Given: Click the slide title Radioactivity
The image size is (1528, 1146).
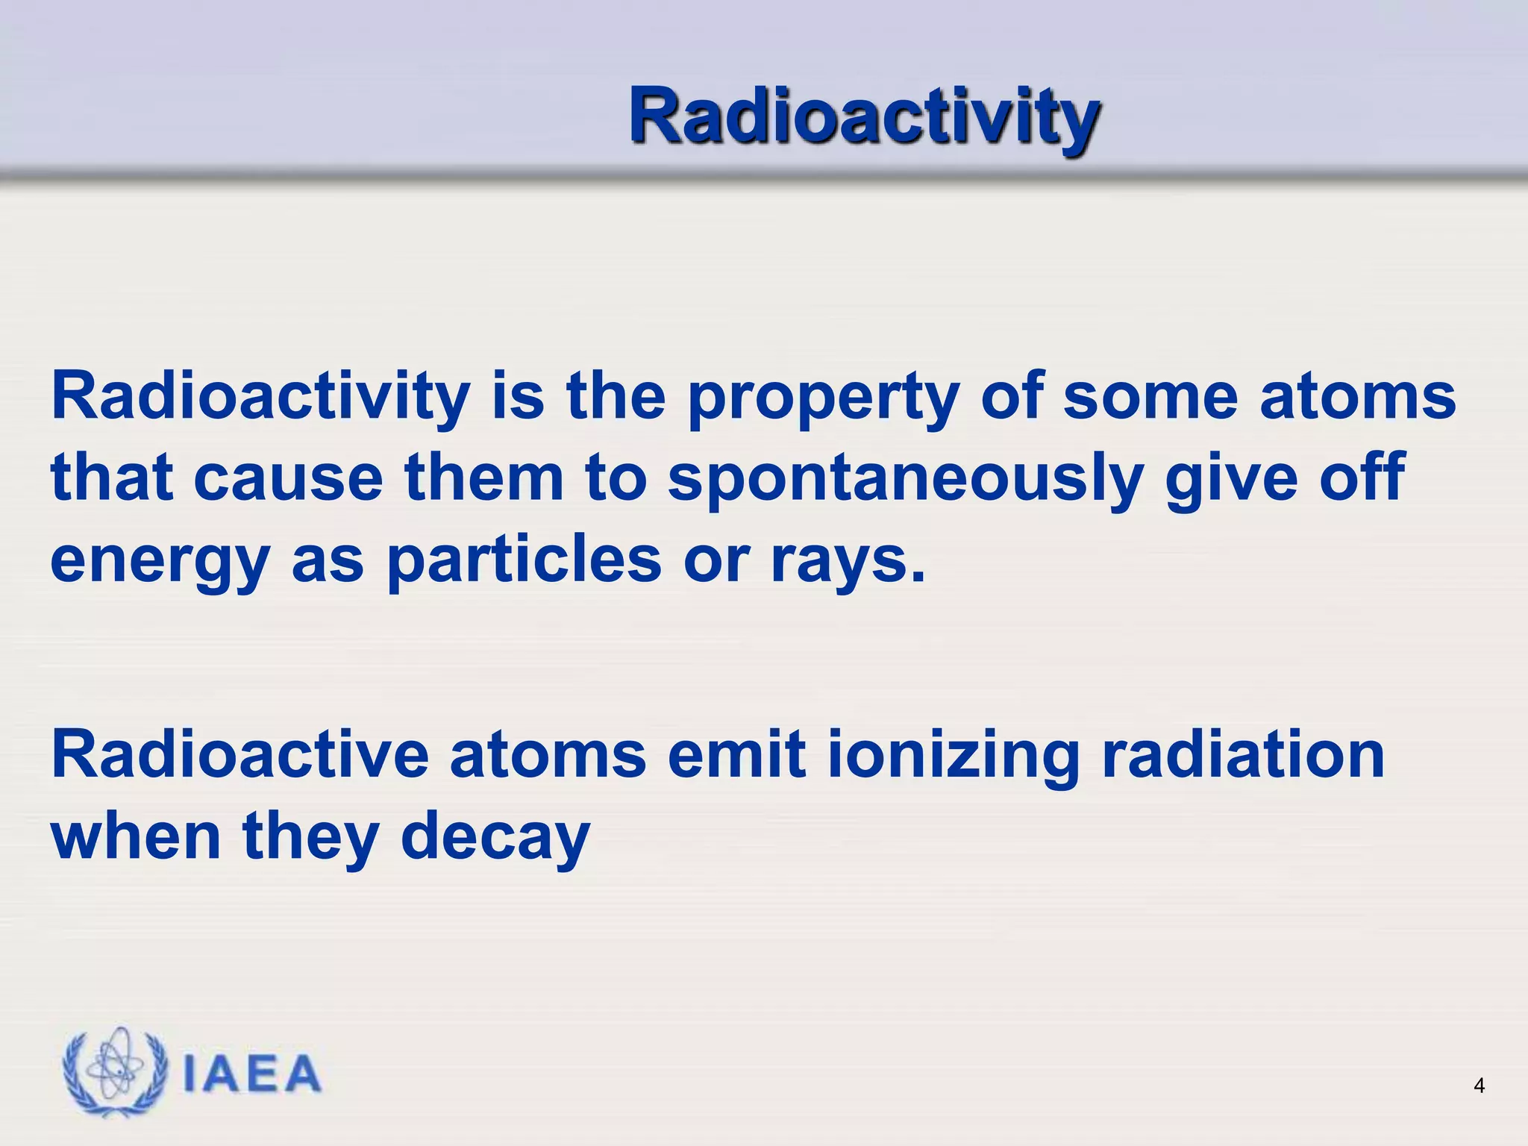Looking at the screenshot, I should [x=863, y=117].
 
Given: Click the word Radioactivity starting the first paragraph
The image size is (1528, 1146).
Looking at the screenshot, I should [x=260, y=398].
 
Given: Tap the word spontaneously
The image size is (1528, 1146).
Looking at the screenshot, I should [x=905, y=480].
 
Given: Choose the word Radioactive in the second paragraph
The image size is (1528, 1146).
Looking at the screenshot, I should [x=239, y=756].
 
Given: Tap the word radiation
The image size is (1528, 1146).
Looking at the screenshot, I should [x=1243, y=756].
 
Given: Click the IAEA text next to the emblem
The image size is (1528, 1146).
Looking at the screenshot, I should [x=251, y=1074].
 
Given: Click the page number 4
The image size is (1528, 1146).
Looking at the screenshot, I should [x=1479, y=1086].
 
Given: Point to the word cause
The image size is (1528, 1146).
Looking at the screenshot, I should [x=288, y=480].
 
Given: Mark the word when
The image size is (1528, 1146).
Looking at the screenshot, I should [x=136, y=837].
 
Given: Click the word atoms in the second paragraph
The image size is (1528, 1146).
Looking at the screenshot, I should [x=548, y=756].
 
